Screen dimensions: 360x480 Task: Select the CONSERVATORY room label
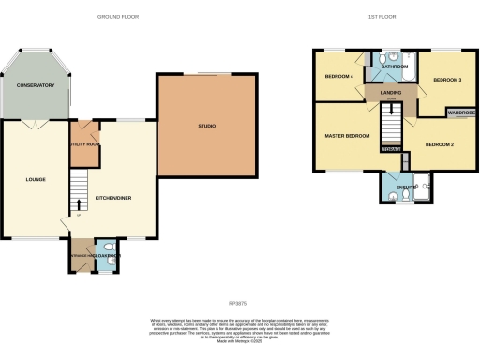tap(35, 85)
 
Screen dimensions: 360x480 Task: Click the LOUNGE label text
tap(36, 179)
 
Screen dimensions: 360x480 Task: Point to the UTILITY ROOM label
tap(85, 144)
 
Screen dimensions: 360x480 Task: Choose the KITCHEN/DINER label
tap(113, 198)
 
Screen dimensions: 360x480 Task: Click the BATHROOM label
tap(393, 67)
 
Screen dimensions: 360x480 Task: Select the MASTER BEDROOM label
tap(347, 136)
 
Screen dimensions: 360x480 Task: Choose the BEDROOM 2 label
tap(439, 144)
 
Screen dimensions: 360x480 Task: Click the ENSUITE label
tap(406, 187)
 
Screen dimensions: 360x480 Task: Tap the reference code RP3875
tap(240, 302)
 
